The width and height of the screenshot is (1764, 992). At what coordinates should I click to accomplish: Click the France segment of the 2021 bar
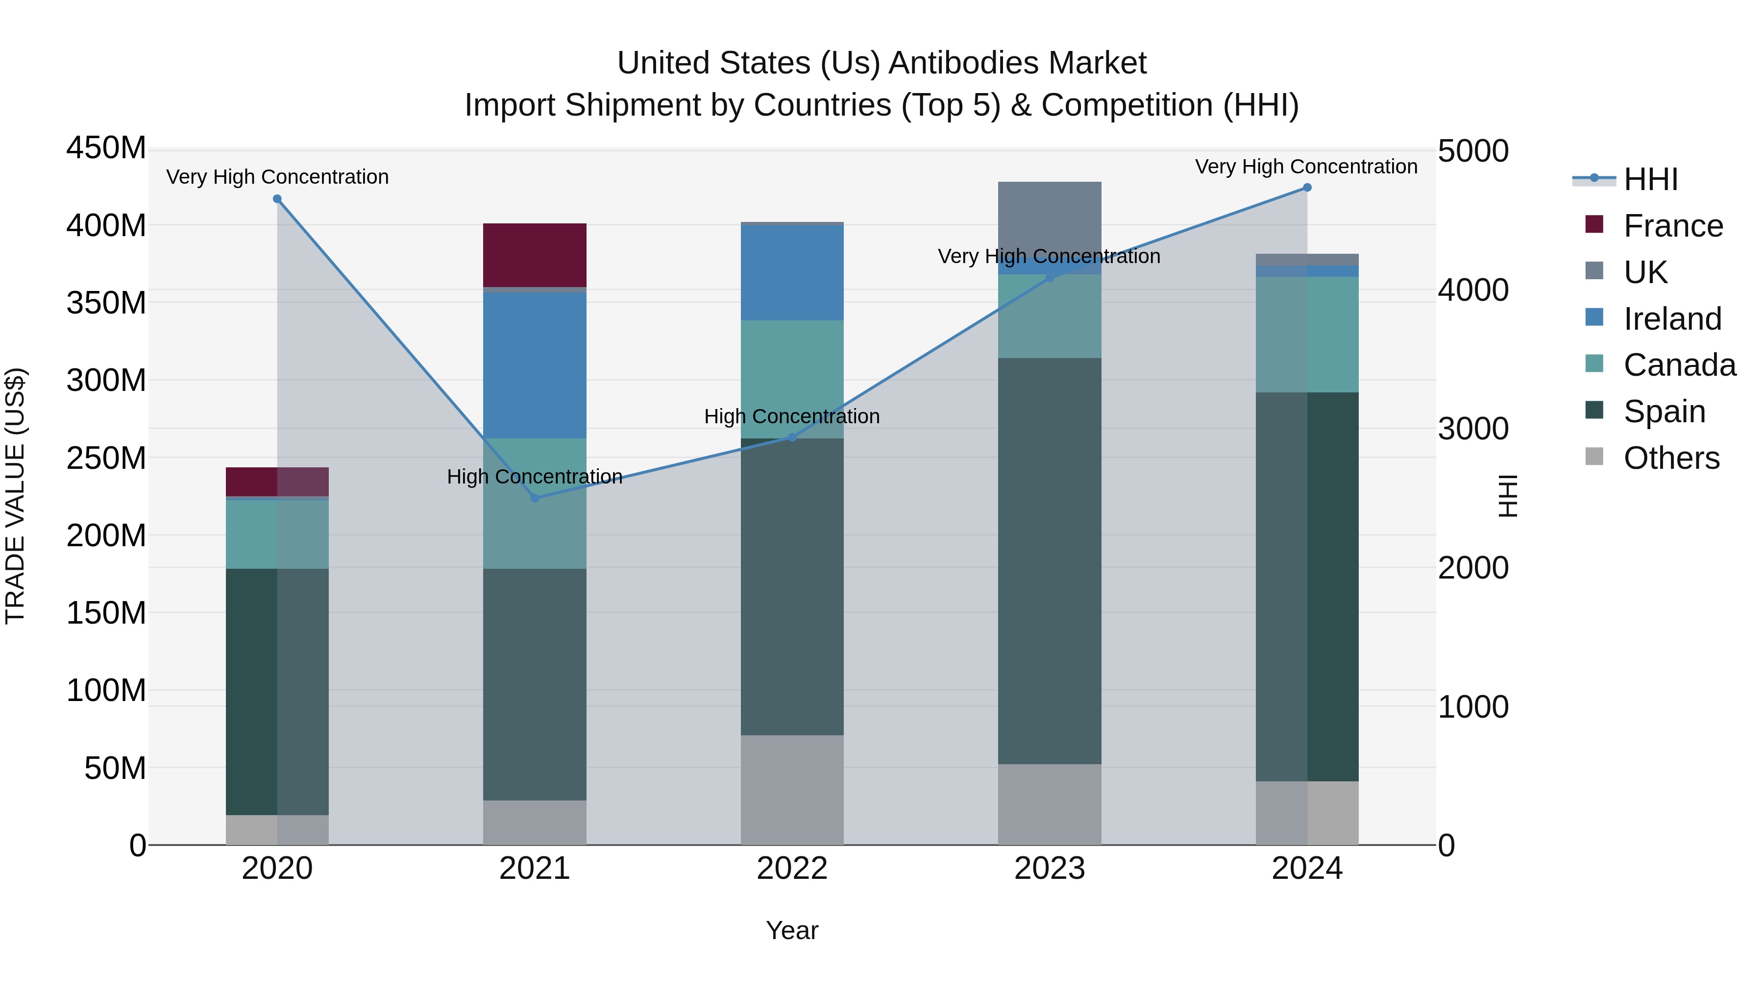(534, 255)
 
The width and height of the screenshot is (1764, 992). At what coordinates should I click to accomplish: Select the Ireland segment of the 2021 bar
(534, 365)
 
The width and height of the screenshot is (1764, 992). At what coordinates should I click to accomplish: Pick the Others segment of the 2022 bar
(792, 789)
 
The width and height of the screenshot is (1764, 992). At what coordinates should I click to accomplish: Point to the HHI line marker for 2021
(535, 498)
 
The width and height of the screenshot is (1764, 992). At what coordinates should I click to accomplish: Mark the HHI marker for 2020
(277, 199)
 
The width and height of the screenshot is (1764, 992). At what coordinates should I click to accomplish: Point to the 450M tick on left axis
(106, 148)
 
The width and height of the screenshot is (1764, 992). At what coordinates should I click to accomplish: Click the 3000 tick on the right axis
(1472, 429)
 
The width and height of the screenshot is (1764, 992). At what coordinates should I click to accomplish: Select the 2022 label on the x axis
(792, 868)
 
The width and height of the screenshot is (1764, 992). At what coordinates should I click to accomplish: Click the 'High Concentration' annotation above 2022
(792, 416)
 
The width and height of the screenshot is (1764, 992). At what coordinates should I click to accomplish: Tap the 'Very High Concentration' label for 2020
(277, 177)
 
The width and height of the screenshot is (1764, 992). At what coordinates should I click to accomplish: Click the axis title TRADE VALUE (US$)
(15, 496)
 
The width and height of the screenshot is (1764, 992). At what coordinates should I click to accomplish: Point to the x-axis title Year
(792, 930)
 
